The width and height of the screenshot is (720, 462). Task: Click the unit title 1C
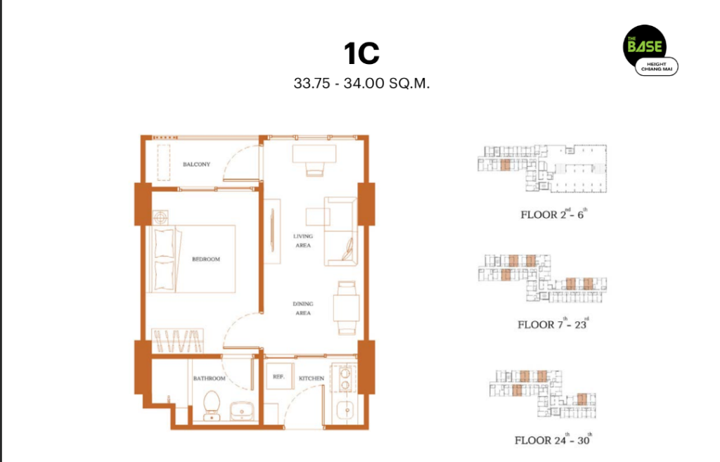tap(362, 53)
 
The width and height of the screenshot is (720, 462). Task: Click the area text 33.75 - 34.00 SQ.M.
tap(362, 84)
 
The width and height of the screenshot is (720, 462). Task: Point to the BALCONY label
tap(197, 165)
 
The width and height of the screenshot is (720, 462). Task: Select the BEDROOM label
tap(206, 259)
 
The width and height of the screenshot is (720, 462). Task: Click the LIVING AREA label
tap(303, 240)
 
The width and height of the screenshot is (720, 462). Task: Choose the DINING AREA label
tap(303, 308)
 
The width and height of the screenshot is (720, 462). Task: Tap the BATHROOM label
tap(210, 378)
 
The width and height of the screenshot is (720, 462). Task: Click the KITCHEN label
tap(311, 378)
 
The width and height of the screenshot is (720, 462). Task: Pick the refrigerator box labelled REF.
tap(279, 377)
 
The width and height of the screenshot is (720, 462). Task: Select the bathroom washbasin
tap(242, 411)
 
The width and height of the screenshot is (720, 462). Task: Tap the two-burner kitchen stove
tap(345, 378)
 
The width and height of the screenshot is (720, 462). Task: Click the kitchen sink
tap(346, 410)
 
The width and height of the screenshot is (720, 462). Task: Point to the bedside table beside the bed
tap(160, 217)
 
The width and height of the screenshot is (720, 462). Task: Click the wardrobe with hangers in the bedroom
tap(177, 341)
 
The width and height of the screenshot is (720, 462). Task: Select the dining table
tap(346, 308)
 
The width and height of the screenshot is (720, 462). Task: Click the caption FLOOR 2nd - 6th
tap(553, 214)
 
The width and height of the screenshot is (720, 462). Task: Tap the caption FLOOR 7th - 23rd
tap(553, 323)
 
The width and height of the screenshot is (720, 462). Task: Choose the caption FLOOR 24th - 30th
tap(553, 439)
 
